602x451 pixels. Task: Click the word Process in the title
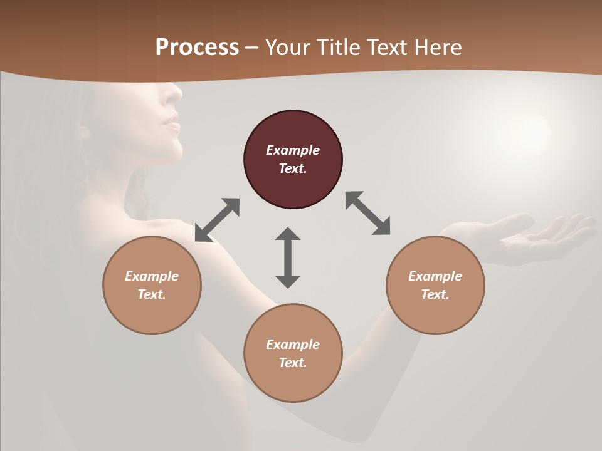coord(197,48)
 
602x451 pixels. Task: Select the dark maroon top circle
coord(293,159)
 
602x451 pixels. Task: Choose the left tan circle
coord(152,285)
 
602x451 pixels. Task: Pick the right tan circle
coord(435,285)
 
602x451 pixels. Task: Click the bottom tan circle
coord(293,353)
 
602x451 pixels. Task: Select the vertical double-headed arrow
coord(288,257)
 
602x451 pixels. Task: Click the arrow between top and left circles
coord(217,220)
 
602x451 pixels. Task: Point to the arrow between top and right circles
coord(368,214)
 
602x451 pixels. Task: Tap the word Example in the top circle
coord(293,150)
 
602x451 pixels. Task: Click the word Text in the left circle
coord(152,294)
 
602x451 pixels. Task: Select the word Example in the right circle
coord(435,276)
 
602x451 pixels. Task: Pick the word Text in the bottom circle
coord(292,363)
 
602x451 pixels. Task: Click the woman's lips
coord(171,123)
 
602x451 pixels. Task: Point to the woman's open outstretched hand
coord(533,235)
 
